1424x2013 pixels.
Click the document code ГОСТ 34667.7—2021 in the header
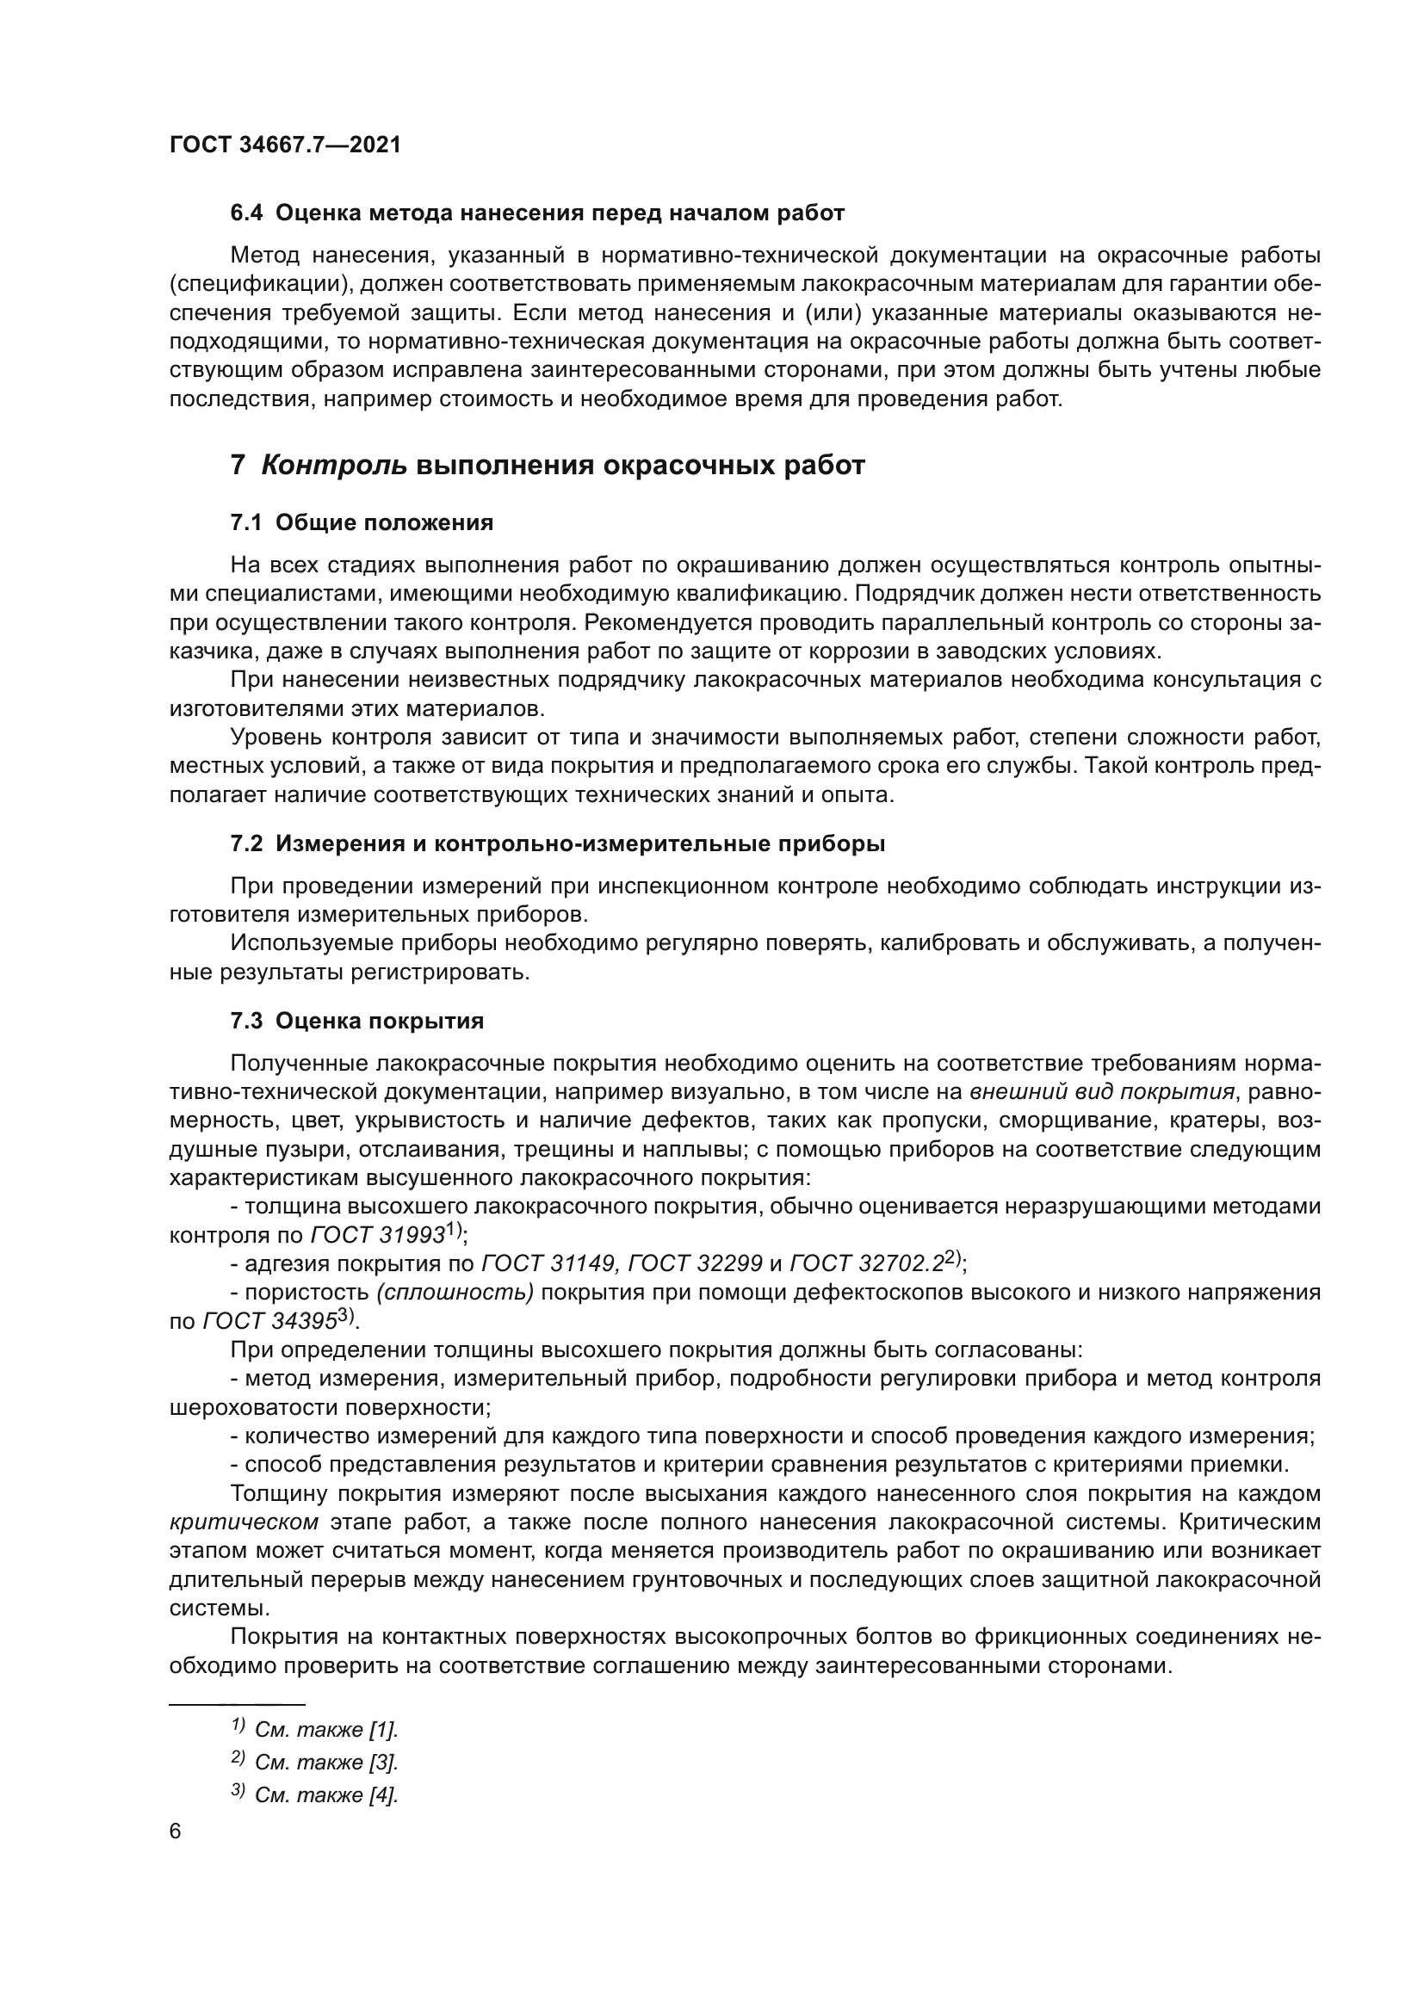(285, 145)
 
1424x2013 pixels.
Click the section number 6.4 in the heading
(246, 213)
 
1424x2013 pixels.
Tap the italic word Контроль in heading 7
(334, 466)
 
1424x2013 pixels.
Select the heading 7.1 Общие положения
(362, 523)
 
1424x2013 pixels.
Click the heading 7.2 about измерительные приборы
(557, 844)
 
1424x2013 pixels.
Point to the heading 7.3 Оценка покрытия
(357, 1022)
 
